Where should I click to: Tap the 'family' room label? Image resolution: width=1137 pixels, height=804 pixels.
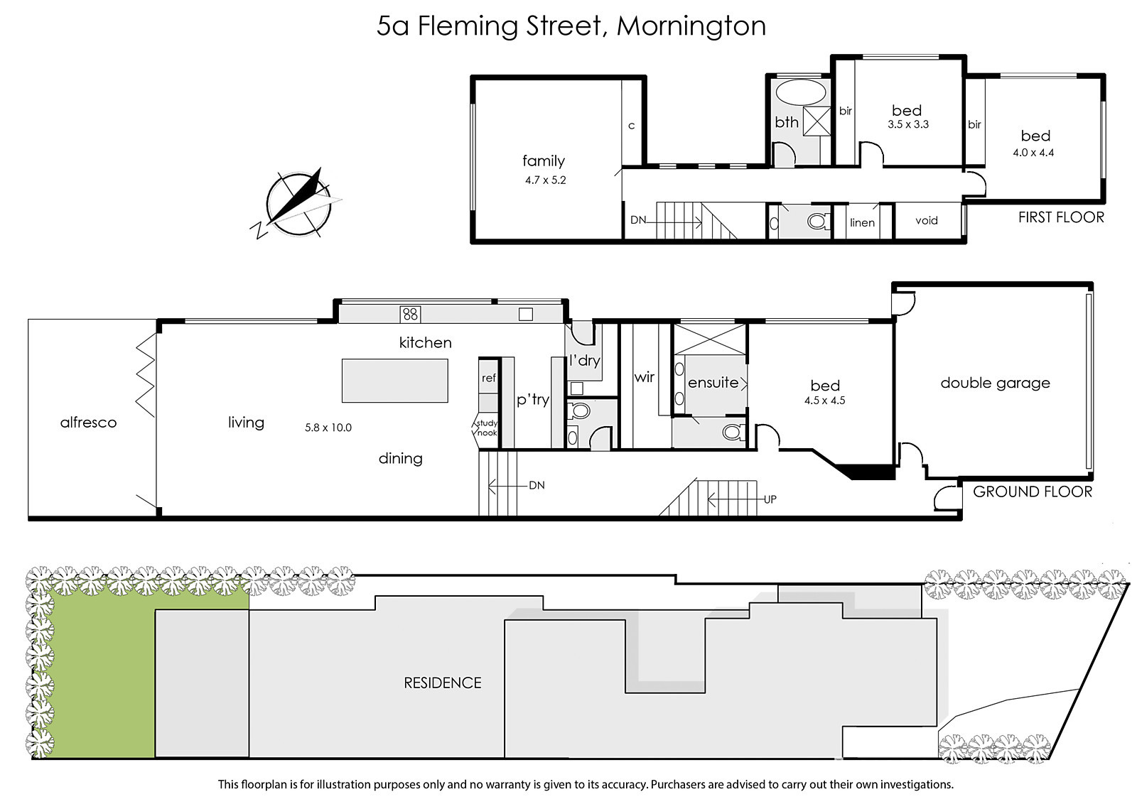(544, 161)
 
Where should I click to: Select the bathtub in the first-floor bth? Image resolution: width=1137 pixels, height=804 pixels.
(801, 92)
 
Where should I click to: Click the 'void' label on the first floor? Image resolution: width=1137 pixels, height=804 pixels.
(927, 221)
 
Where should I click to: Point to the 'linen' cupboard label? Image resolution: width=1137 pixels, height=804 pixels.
(862, 223)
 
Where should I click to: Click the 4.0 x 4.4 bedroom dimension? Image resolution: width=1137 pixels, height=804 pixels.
(1033, 153)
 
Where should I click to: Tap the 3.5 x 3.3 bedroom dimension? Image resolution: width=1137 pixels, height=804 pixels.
(908, 124)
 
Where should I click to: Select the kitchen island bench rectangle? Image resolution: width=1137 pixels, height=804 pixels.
(395, 381)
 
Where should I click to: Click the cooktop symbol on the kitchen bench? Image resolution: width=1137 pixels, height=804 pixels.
(410, 314)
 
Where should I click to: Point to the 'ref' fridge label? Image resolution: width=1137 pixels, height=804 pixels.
(488, 378)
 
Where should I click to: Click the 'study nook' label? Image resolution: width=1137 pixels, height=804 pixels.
(487, 428)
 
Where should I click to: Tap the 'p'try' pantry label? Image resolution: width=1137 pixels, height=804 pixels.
(533, 400)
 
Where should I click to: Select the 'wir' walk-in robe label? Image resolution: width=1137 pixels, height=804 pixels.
(644, 377)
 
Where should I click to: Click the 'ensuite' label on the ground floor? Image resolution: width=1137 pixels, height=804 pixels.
(713, 383)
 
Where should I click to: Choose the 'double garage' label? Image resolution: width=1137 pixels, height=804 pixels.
(995, 383)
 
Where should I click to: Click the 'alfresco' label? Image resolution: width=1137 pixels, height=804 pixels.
(88, 423)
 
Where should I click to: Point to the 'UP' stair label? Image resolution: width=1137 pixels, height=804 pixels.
(770, 499)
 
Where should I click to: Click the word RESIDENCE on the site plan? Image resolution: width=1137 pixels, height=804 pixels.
(443, 683)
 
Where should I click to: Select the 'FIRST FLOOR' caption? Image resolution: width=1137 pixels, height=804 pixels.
(1061, 217)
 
